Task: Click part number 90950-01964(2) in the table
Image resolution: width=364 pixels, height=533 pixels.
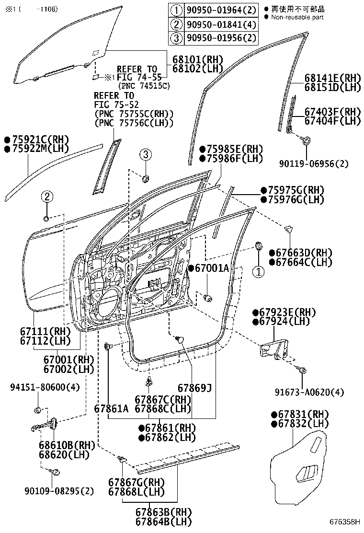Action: [x=221, y=9]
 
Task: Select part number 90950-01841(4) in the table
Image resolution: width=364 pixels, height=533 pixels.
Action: [x=221, y=24]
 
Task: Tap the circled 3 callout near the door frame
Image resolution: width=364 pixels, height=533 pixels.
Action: [x=146, y=154]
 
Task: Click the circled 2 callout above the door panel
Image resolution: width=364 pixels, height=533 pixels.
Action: [x=46, y=196]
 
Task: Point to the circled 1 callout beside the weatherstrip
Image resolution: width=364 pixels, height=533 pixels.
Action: [x=258, y=272]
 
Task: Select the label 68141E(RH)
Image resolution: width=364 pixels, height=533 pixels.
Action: [x=332, y=78]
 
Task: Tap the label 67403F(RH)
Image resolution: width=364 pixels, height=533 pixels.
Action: [x=332, y=112]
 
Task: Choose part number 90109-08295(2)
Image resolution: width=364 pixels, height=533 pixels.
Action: [x=58, y=491]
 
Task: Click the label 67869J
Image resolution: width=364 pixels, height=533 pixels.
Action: [x=194, y=387]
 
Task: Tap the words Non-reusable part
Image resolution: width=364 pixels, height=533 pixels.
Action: [x=297, y=17]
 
